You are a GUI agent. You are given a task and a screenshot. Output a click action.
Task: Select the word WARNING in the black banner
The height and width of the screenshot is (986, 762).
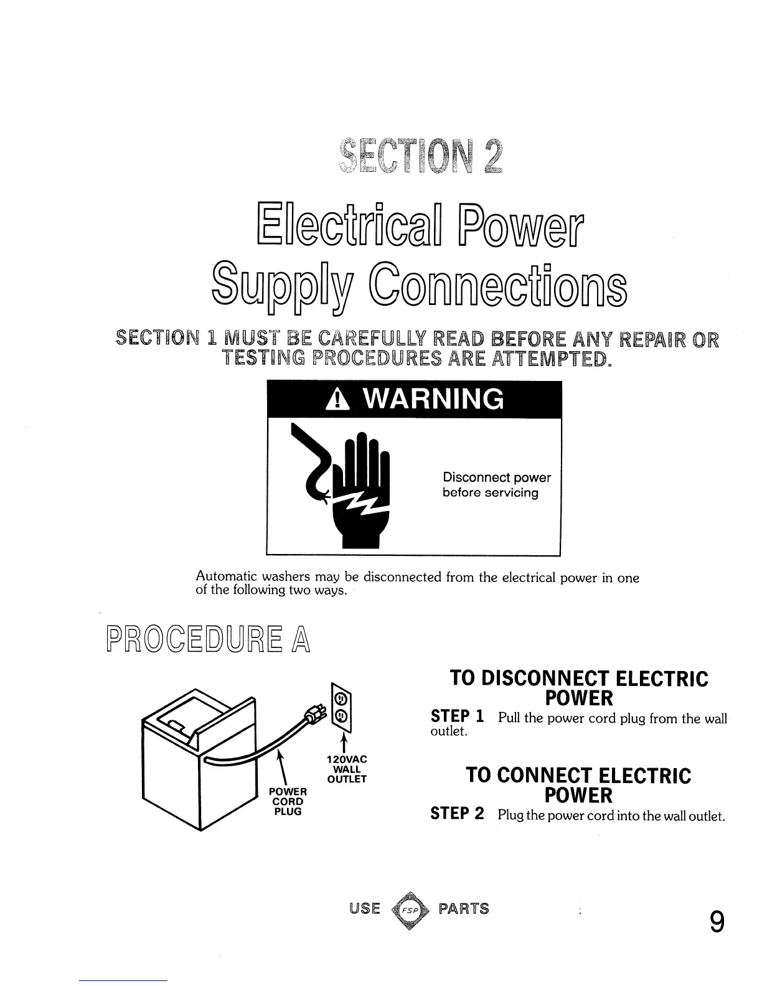[x=431, y=399]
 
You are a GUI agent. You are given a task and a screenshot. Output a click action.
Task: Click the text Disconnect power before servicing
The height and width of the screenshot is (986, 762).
[x=496, y=485]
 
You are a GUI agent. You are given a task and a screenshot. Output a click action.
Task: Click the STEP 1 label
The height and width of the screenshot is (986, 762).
[x=458, y=717]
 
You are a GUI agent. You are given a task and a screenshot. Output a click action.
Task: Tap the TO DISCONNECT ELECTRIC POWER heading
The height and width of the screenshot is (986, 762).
[x=578, y=688]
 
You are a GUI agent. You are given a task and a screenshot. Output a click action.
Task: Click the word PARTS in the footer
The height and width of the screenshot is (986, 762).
[x=464, y=909]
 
